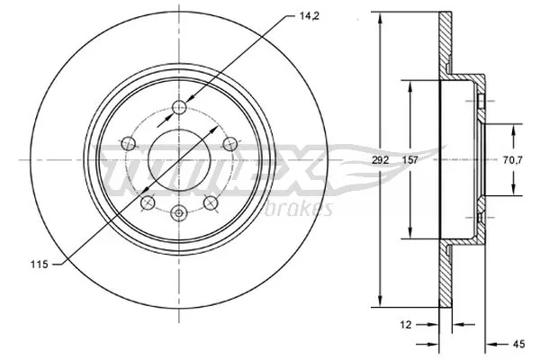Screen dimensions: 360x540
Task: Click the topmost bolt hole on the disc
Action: (x=179, y=108)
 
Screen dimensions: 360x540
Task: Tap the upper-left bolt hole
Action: (x=128, y=141)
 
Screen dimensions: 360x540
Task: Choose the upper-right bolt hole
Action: (x=229, y=141)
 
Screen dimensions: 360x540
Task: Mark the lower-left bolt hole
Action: (x=147, y=202)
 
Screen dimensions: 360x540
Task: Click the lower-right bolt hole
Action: (x=211, y=202)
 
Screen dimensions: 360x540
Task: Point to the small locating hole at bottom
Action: (x=179, y=213)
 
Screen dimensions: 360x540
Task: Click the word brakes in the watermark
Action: (x=302, y=210)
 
